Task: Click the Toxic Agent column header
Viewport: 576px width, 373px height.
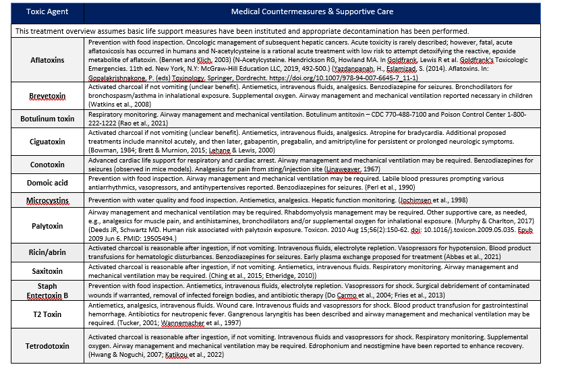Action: (x=47, y=12)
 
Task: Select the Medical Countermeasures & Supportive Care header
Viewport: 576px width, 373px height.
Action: (x=312, y=12)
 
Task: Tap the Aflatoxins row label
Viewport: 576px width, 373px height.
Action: (x=47, y=60)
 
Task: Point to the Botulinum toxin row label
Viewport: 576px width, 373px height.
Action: (x=47, y=119)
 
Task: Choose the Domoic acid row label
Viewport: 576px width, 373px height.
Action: (x=47, y=183)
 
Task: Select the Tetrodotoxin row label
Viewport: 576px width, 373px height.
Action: (x=47, y=346)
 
